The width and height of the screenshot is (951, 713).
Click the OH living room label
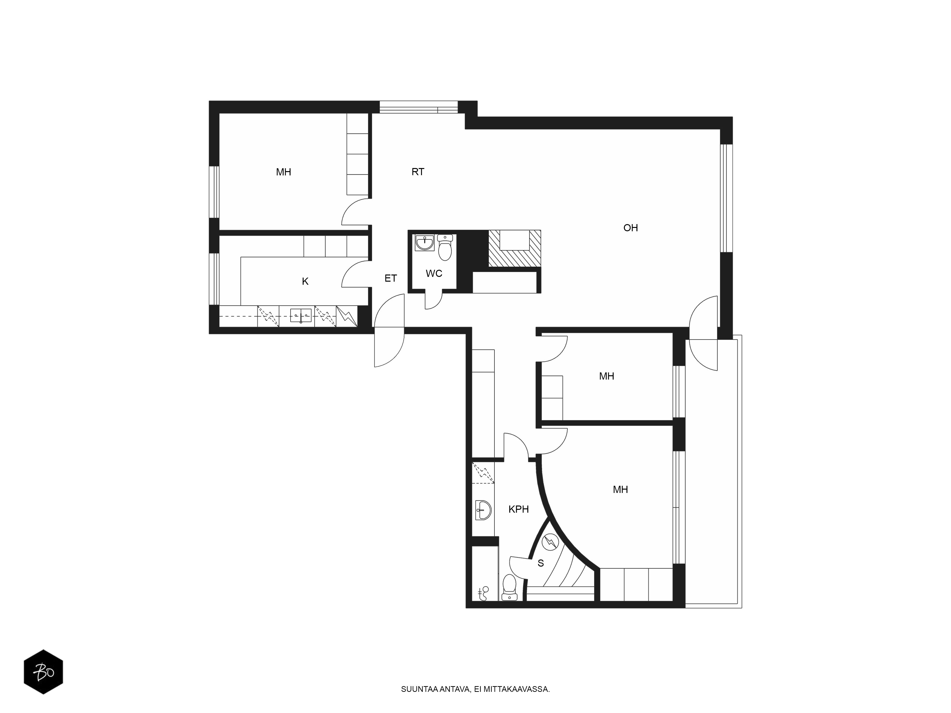631,228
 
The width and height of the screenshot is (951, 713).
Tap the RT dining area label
418,172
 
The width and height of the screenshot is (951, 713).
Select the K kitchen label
305,281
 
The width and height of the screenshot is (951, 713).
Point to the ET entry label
390,279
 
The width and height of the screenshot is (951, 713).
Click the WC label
434,273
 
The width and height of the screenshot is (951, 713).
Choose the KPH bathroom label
519,509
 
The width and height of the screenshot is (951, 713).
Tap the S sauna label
541,563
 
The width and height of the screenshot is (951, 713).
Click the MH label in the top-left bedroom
284,172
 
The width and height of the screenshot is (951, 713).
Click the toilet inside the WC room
445,248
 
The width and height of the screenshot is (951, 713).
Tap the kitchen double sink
301,315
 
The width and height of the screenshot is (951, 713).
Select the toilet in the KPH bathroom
509,588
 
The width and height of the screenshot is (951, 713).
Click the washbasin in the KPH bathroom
483,510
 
